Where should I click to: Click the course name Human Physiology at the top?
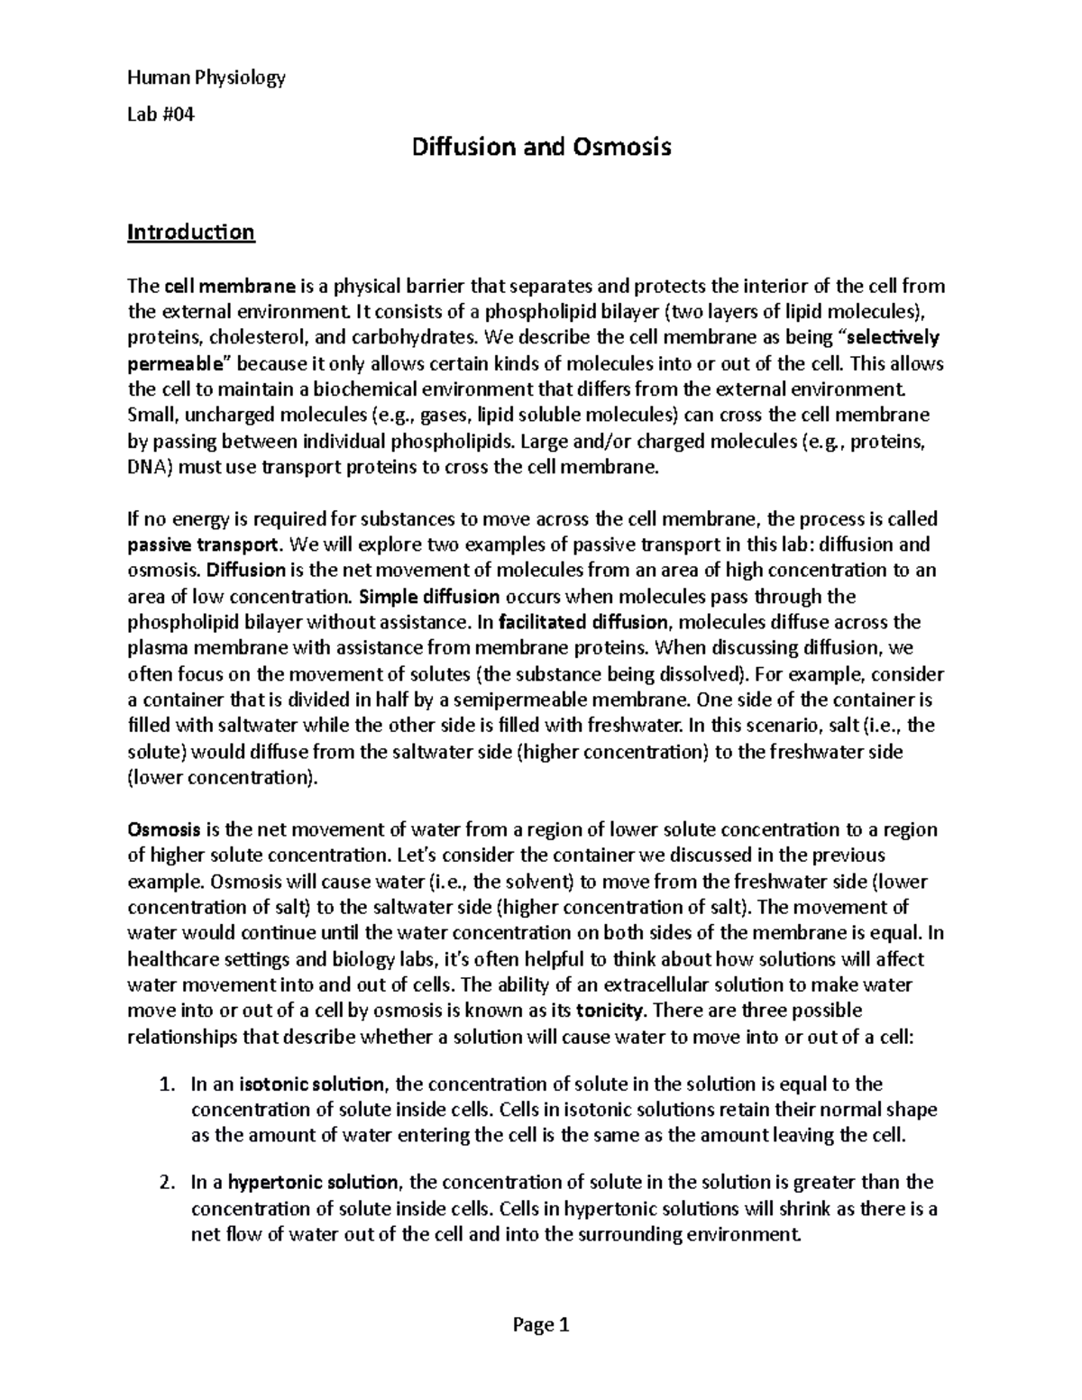coord(206,78)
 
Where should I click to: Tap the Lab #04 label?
coord(160,115)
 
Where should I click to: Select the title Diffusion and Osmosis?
coord(541,147)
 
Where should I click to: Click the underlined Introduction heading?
coord(190,233)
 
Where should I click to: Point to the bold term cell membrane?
coord(230,287)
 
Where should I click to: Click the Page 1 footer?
coord(540,1324)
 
